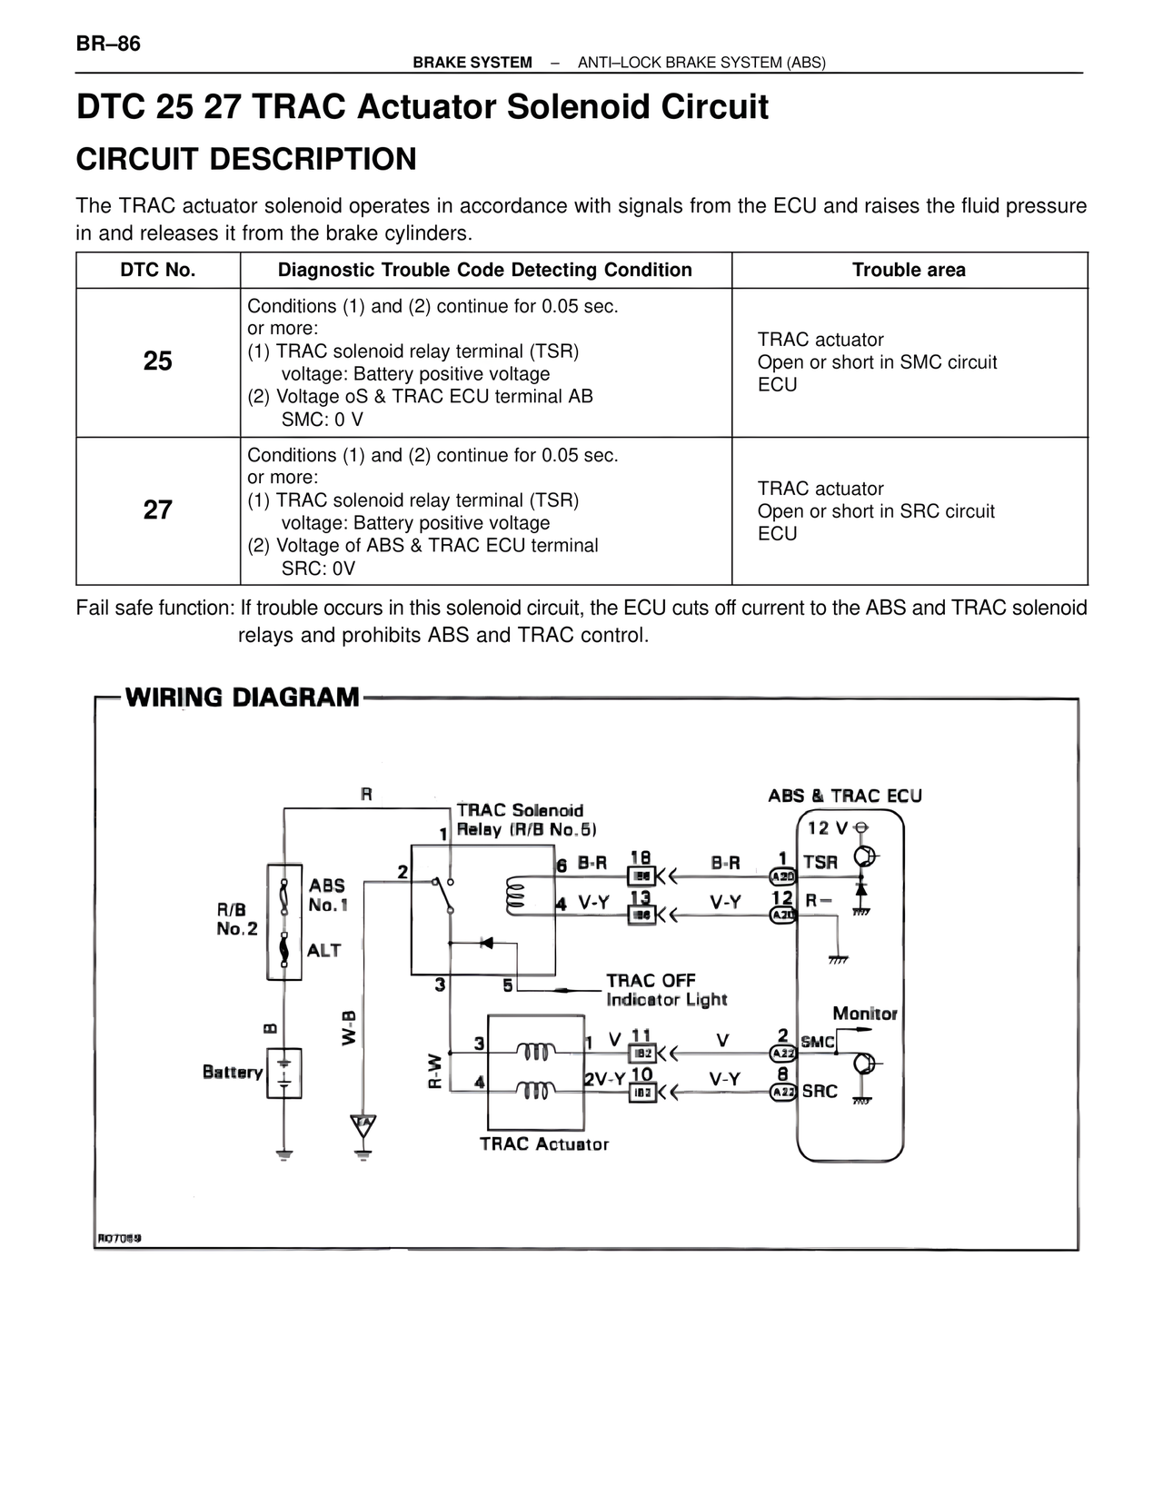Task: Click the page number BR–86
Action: point(108,44)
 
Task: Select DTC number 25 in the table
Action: point(157,361)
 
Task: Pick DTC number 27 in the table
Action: point(157,510)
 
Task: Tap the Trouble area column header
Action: point(909,270)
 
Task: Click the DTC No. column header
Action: point(158,270)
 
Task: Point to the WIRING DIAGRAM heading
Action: point(242,698)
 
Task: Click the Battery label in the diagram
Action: point(233,1072)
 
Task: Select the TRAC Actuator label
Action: point(544,1144)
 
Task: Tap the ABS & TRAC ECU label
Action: point(845,796)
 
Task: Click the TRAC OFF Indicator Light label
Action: point(666,990)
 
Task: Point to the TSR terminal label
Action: point(820,862)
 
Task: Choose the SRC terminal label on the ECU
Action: point(820,1091)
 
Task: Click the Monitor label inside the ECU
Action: point(864,1014)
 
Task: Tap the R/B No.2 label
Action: point(236,919)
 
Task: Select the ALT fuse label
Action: point(323,950)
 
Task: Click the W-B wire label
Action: point(350,1027)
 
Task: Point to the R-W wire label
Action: point(435,1070)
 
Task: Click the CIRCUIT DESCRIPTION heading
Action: point(246,159)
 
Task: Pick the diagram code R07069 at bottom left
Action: point(119,1238)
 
